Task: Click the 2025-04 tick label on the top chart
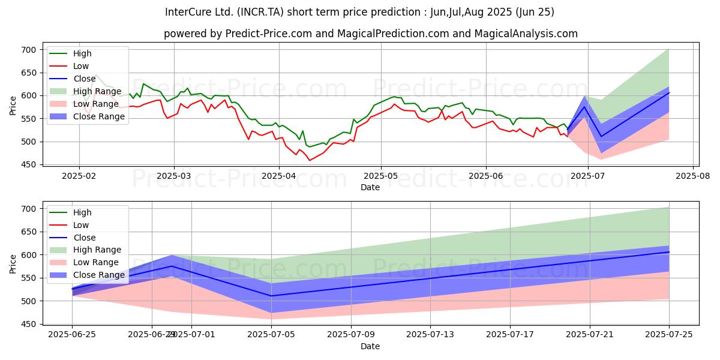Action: (x=279, y=176)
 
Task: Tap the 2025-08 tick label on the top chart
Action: (x=693, y=176)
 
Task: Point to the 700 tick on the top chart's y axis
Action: (x=29, y=50)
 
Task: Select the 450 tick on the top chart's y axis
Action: (x=29, y=165)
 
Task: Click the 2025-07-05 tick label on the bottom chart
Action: (x=271, y=335)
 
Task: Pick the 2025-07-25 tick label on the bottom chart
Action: (x=668, y=335)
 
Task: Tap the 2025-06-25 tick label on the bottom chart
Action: (x=73, y=335)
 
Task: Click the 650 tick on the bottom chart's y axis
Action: (x=29, y=232)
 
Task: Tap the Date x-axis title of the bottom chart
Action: (x=370, y=346)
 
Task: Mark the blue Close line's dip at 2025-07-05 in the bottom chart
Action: (x=271, y=296)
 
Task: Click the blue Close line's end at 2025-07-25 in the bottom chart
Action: (x=668, y=252)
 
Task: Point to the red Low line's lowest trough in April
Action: (x=310, y=160)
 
